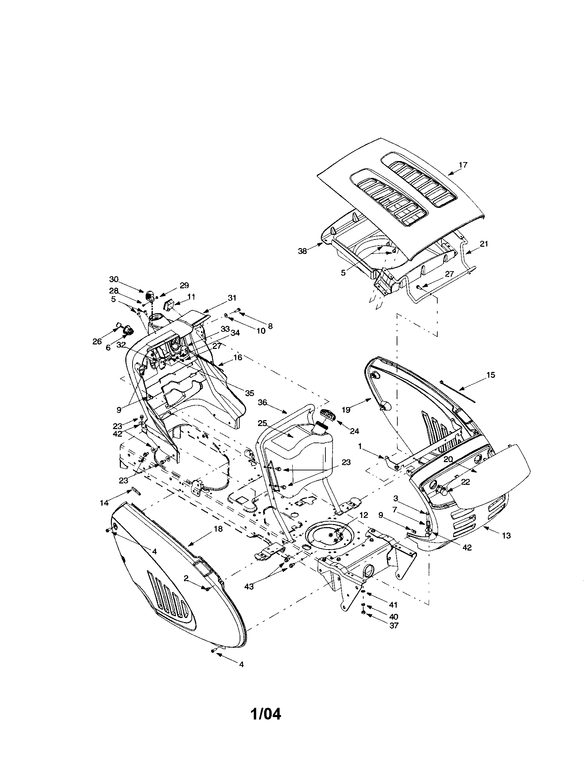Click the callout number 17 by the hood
pyautogui.click(x=463, y=165)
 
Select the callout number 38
pyautogui.click(x=302, y=251)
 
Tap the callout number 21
pyautogui.click(x=484, y=244)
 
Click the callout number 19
pyautogui.click(x=346, y=410)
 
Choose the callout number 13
pyautogui.click(x=506, y=535)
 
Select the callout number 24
pyautogui.click(x=354, y=431)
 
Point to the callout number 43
pyautogui.click(x=249, y=586)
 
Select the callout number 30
pyautogui.click(x=114, y=279)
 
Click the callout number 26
pyautogui.click(x=97, y=341)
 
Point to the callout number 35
pyautogui.click(x=249, y=393)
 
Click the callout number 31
pyautogui.click(x=232, y=298)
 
